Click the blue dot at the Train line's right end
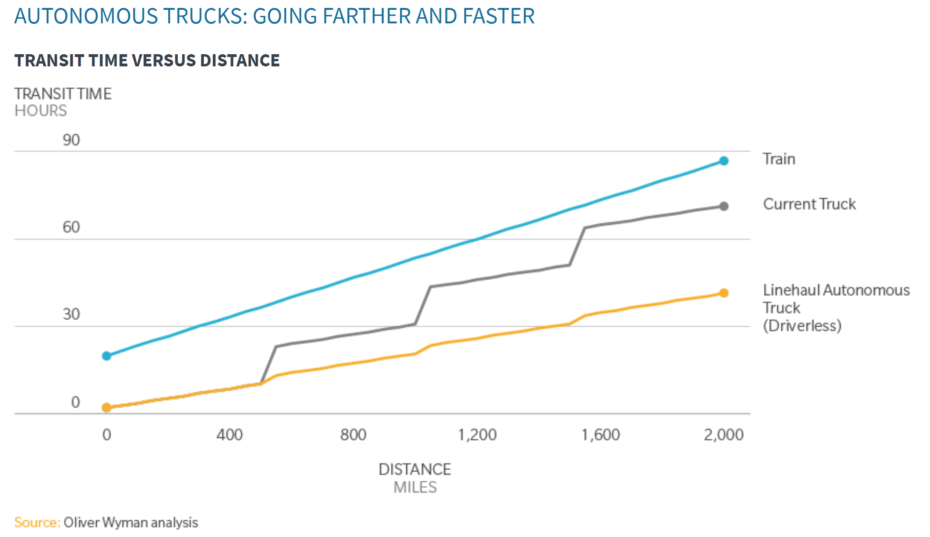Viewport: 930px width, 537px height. click(x=723, y=161)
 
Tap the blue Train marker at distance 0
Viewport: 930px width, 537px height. click(x=107, y=356)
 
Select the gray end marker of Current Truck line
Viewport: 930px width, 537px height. click(x=723, y=206)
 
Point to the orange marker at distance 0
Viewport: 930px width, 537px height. click(x=107, y=408)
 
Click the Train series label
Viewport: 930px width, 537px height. click(x=779, y=159)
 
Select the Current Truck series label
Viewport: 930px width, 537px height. click(x=809, y=204)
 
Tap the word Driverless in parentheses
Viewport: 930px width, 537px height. click(x=802, y=325)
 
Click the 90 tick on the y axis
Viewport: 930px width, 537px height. click(x=71, y=140)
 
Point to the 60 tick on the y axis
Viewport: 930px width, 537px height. click(x=71, y=227)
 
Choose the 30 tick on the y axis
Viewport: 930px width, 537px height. click(x=71, y=314)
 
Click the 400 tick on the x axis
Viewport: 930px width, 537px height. click(x=229, y=435)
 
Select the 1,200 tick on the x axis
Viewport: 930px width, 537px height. click(x=477, y=435)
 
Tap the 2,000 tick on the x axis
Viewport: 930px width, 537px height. click(x=723, y=435)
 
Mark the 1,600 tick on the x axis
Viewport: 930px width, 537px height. click(x=600, y=435)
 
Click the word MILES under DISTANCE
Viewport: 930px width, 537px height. click(x=415, y=487)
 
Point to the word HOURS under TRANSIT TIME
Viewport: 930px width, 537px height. click(x=41, y=111)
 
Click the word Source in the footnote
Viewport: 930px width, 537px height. click(x=36, y=522)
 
